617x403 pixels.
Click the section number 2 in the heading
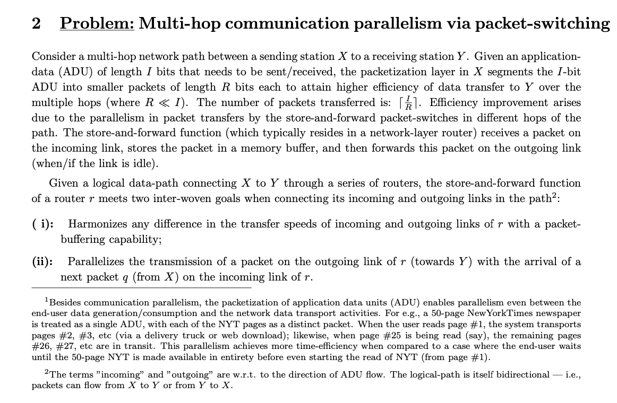(37, 24)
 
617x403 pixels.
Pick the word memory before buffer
(254, 148)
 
